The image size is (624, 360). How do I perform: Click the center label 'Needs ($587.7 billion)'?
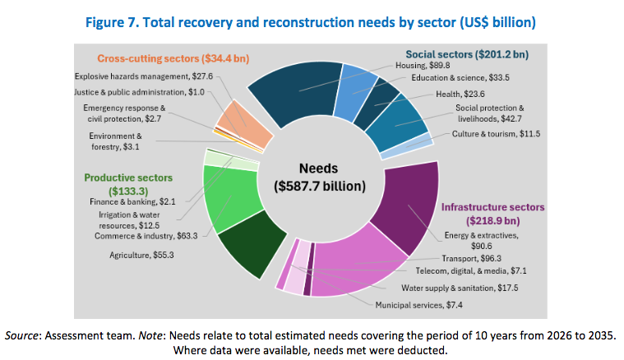click(320, 177)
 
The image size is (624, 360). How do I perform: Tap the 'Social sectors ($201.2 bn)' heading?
click(467, 54)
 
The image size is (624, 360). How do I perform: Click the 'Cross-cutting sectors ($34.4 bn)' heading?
click(173, 58)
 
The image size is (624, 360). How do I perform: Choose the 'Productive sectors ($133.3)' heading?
click(128, 184)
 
